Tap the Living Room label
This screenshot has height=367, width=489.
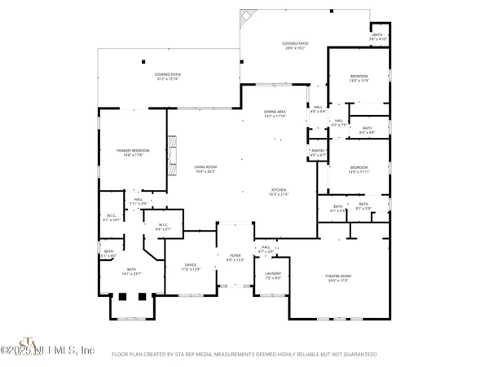coord(205,169)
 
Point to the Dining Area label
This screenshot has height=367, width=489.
coord(274,114)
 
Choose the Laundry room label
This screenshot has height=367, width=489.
coord(272,275)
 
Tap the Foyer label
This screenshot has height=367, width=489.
coord(236,258)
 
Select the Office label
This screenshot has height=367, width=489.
coord(191,267)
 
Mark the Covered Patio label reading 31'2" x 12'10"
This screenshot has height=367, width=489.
coord(168,77)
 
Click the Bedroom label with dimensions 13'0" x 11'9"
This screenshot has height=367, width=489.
coord(359,78)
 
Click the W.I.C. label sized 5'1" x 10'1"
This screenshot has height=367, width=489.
coord(112,218)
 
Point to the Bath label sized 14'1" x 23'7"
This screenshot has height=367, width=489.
coord(130,272)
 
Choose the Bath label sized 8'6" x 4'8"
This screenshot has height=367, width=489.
coord(367,130)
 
